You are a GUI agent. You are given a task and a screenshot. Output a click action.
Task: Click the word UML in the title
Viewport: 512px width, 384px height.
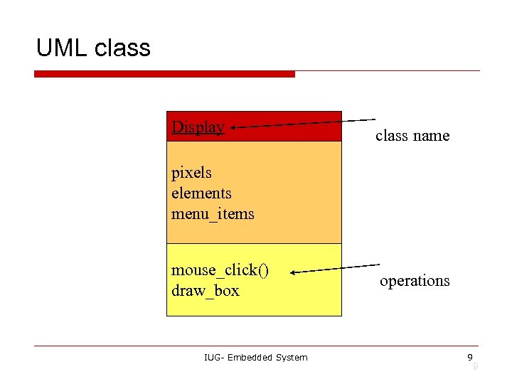[61, 48]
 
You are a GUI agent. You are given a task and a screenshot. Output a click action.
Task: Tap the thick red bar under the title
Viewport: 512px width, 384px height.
[164, 74]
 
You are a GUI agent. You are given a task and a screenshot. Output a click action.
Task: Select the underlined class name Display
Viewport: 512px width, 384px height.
[198, 127]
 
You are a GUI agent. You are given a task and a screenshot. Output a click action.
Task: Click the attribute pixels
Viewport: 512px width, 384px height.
[191, 173]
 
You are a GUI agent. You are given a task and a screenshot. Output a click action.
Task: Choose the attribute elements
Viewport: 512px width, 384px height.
[201, 193]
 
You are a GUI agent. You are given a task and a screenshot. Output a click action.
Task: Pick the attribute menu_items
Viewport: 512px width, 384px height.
[213, 214]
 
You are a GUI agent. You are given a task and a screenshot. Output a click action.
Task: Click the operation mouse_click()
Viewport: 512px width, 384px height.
[220, 270]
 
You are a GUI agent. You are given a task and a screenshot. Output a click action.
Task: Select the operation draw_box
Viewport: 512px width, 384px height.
[206, 291]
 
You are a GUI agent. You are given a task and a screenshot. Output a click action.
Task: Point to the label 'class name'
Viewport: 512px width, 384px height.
[412, 135]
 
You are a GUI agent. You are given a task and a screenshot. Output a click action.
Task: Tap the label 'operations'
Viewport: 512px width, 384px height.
[415, 281]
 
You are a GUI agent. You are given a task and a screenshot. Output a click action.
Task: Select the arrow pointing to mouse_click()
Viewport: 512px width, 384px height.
[334, 269]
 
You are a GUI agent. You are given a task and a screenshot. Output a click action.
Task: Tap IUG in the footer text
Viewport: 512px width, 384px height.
[213, 357]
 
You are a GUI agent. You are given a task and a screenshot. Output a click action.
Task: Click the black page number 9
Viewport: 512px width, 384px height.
[469, 357]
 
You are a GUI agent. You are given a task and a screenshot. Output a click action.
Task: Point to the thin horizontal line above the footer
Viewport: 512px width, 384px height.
[256, 346]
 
